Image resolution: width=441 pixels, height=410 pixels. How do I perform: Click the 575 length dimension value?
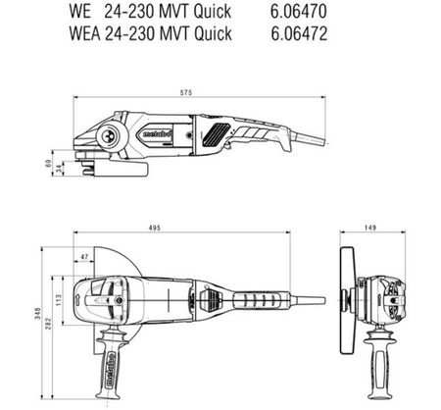click(186, 92)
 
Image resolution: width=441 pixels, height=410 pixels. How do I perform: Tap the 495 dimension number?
click(155, 228)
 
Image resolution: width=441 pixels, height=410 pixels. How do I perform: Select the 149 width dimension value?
click(370, 228)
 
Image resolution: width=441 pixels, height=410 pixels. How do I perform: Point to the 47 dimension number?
click(84, 257)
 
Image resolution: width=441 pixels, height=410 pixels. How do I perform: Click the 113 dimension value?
click(58, 300)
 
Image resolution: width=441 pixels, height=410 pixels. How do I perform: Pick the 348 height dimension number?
click(38, 313)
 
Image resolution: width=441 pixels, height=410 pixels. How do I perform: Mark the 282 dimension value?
click(48, 324)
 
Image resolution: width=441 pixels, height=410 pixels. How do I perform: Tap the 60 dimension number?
click(48, 163)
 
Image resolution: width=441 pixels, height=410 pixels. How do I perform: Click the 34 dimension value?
click(59, 169)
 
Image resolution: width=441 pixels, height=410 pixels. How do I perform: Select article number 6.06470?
click(298, 12)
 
